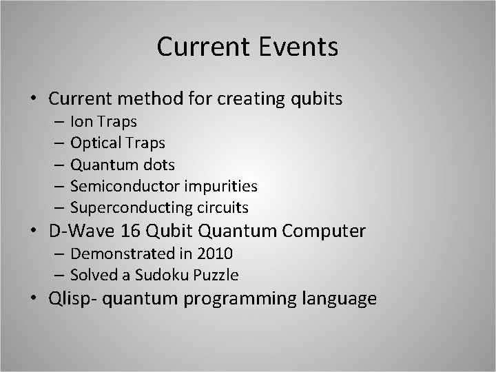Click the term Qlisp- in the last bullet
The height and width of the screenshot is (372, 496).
[x=70, y=299]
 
